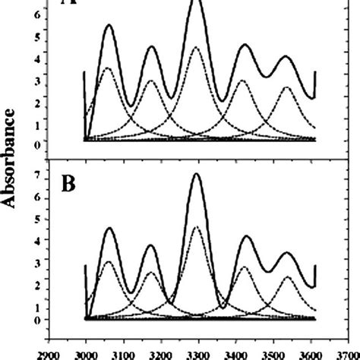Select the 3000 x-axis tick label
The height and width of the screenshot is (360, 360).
click(86, 353)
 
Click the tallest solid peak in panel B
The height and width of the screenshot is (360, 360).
click(197, 174)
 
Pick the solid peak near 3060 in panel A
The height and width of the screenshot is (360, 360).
click(109, 25)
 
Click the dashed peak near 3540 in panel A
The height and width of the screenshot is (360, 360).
click(287, 87)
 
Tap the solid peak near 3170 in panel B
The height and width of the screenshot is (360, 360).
click(150, 245)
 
